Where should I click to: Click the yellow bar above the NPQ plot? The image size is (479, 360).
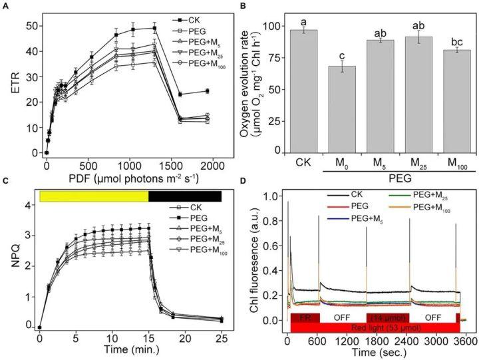click(94, 196)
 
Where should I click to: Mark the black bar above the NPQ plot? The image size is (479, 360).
click(184, 196)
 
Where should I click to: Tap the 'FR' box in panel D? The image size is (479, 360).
click(305, 317)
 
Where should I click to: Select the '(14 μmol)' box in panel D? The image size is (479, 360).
click(387, 317)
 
